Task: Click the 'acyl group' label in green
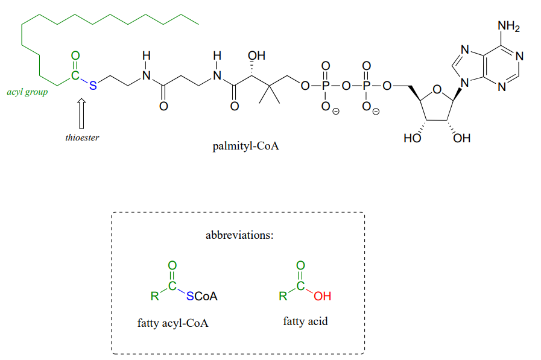click(27, 92)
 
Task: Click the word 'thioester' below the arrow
click(82, 137)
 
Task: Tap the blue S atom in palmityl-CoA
click(92, 86)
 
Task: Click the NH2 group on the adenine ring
click(508, 27)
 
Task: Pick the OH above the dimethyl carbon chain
click(256, 57)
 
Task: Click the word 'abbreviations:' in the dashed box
click(239, 235)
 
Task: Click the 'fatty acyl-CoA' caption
click(172, 323)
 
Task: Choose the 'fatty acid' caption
click(305, 321)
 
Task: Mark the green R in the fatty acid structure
click(282, 297)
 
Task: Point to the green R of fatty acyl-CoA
click(154, 297)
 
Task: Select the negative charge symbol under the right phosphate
click(376, 112)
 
